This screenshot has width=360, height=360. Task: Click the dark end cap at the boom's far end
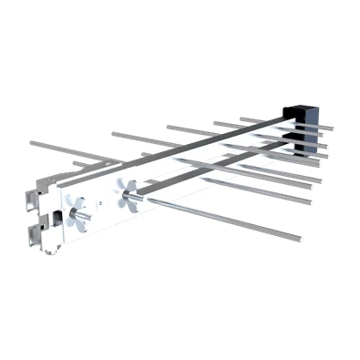[x=311, y=114]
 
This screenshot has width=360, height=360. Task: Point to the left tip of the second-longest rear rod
[x=110, y=132]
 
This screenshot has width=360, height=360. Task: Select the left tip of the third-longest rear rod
[x=167, y=125]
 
